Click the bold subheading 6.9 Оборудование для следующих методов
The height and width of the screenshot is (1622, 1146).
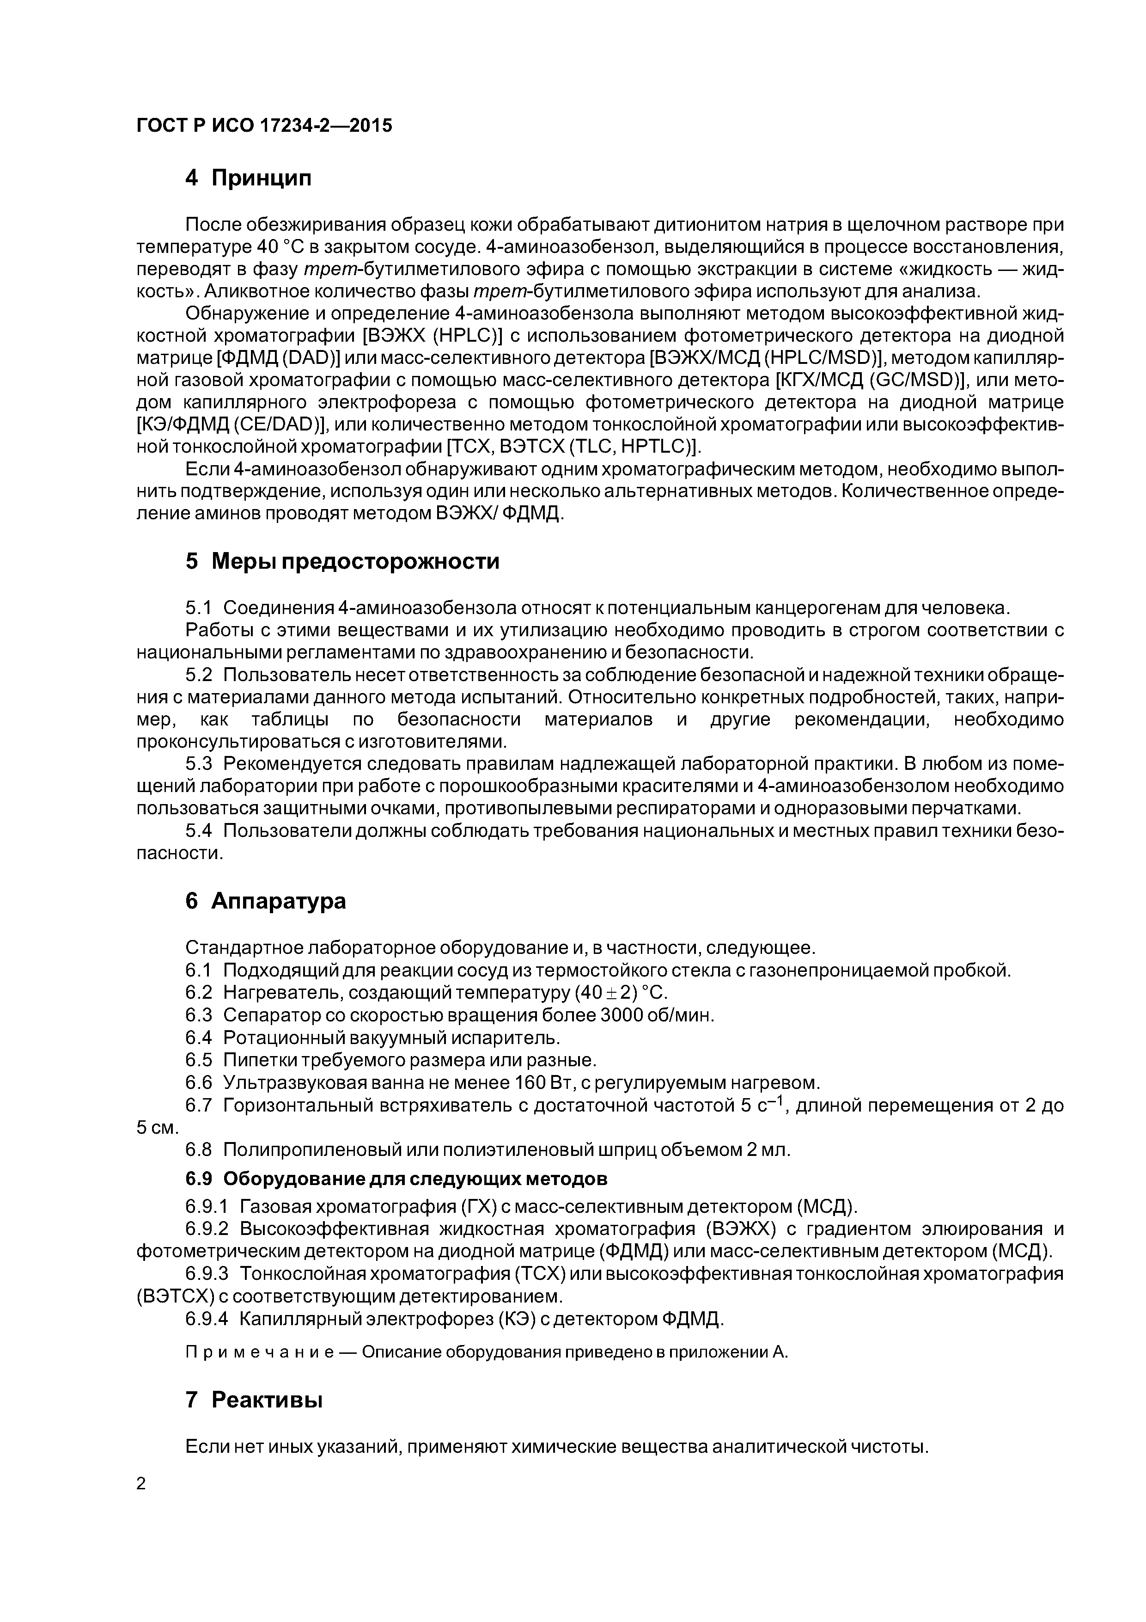point(396,1179)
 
